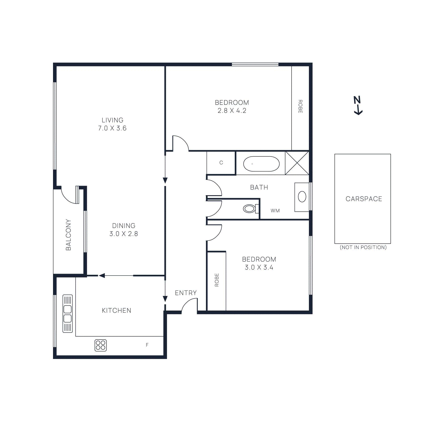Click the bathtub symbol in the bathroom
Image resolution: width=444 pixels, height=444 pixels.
click(261, 164)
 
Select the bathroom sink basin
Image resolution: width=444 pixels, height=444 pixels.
click(302, 197)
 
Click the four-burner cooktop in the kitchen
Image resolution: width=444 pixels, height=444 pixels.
click(100, 345)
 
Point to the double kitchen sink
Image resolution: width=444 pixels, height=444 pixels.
click(67, 314)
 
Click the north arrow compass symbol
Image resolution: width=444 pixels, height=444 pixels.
click(358, 105)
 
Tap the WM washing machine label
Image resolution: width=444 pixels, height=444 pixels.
click(275, 211)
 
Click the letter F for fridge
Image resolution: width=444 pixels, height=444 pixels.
click(147, 345)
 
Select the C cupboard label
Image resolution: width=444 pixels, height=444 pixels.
click(221, 163)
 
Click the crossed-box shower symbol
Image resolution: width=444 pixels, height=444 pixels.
click(297, 163)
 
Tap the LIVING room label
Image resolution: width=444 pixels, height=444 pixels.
click(112, 120)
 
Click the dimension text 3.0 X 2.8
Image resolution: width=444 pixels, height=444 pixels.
click(123, 234)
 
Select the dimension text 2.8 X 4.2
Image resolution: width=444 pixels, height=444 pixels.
click(232, 111)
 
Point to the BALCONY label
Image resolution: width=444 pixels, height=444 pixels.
click(68, 235)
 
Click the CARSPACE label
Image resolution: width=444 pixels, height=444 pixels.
click(364, 199)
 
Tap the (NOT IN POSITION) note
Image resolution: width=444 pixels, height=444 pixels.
click(363, 247)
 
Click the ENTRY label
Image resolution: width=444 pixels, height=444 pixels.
click(186, 293)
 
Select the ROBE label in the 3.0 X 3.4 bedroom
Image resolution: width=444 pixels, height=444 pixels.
click(217, 280)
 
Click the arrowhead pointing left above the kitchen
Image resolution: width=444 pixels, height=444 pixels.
click(102, 276)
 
